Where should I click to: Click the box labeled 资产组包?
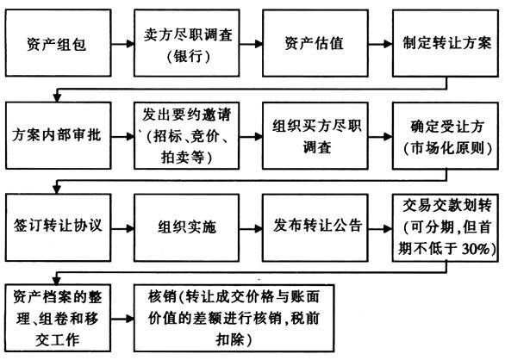tap(59, 44)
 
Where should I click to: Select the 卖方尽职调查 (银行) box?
tap(188, 44)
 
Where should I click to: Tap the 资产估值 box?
tap(316, 44)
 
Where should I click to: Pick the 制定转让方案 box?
tap(444, 44)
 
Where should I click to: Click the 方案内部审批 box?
tap(59, 137)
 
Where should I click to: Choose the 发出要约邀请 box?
tap(188, 137)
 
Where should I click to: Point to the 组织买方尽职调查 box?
tap(316, 137)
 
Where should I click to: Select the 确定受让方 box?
tap(444, 137)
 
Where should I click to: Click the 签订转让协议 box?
tap(59, 228)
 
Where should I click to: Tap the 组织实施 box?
tap(188, 228)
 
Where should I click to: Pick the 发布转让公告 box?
tap(316, 228)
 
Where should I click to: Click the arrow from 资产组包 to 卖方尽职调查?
tap(123, 44)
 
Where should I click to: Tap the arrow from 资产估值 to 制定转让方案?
tap(380, 44)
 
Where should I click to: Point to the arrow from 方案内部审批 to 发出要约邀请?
tap(123, 137)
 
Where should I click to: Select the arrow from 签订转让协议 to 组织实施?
tap(123, 228)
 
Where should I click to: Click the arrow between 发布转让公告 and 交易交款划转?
tap(380, 228)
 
